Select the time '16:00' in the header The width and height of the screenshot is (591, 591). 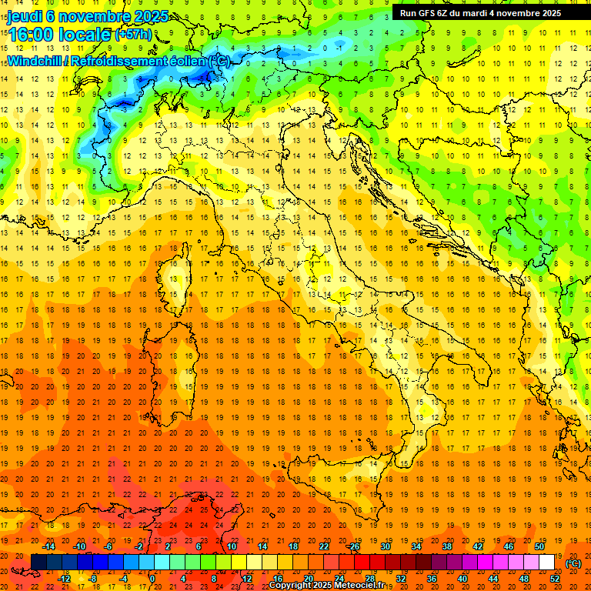pyautogui.click(x=32, y=35)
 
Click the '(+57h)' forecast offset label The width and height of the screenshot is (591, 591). pyautogui.click(x=132, y=35)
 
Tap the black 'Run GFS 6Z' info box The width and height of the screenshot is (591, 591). pyautogui.click(x=480, y=12)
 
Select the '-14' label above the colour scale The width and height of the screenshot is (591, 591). pyautogui.click(x=51, y=546)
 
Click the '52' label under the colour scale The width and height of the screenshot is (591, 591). pyautogui.click(x=555, y=579)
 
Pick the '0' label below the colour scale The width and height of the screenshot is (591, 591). pyautogui.click(x=152, y=579)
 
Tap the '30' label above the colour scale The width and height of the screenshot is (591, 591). pyautogui.click(x=385, y=546)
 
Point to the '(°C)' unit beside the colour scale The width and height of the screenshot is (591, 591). pyautogui.click(x=574, y=563)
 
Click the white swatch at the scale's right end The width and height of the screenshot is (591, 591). pyautogui.click(x=547, y=563)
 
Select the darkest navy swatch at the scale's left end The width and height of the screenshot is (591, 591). pyautogui.click(x=38, y=563)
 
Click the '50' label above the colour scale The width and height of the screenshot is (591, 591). pyautogui.click(x=539, y=546)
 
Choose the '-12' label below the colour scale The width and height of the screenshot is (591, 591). pyautogui.click(x=65, y=579)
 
